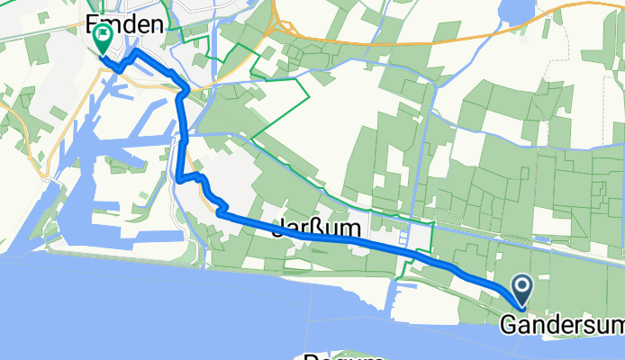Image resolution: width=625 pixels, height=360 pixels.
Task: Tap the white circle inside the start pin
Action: pyautogui.click(x=521, y=287)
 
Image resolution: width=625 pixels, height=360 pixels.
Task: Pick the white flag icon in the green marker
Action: pyautogui.click(x=103, y=37)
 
